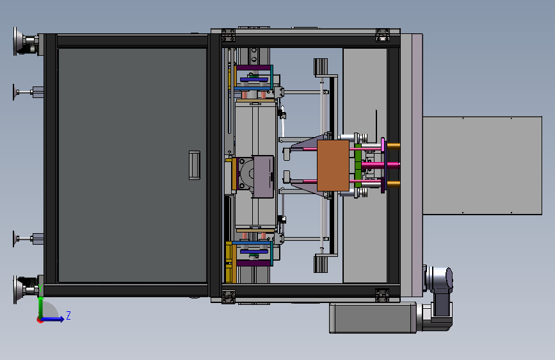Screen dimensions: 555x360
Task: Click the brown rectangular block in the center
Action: (333, 165)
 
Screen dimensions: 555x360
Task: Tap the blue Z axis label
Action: (68, 315)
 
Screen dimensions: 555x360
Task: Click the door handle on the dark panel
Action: (195, 165)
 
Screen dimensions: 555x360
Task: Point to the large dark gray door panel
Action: (133, 165)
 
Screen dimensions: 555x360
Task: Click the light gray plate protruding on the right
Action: (483, 165)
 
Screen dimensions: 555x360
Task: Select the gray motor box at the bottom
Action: (373, 318)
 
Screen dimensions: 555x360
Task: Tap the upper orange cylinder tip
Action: (394, 146)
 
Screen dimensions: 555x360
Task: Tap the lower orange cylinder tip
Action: (394, 184)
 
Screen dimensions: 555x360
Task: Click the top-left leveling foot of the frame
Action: (25, 41)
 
